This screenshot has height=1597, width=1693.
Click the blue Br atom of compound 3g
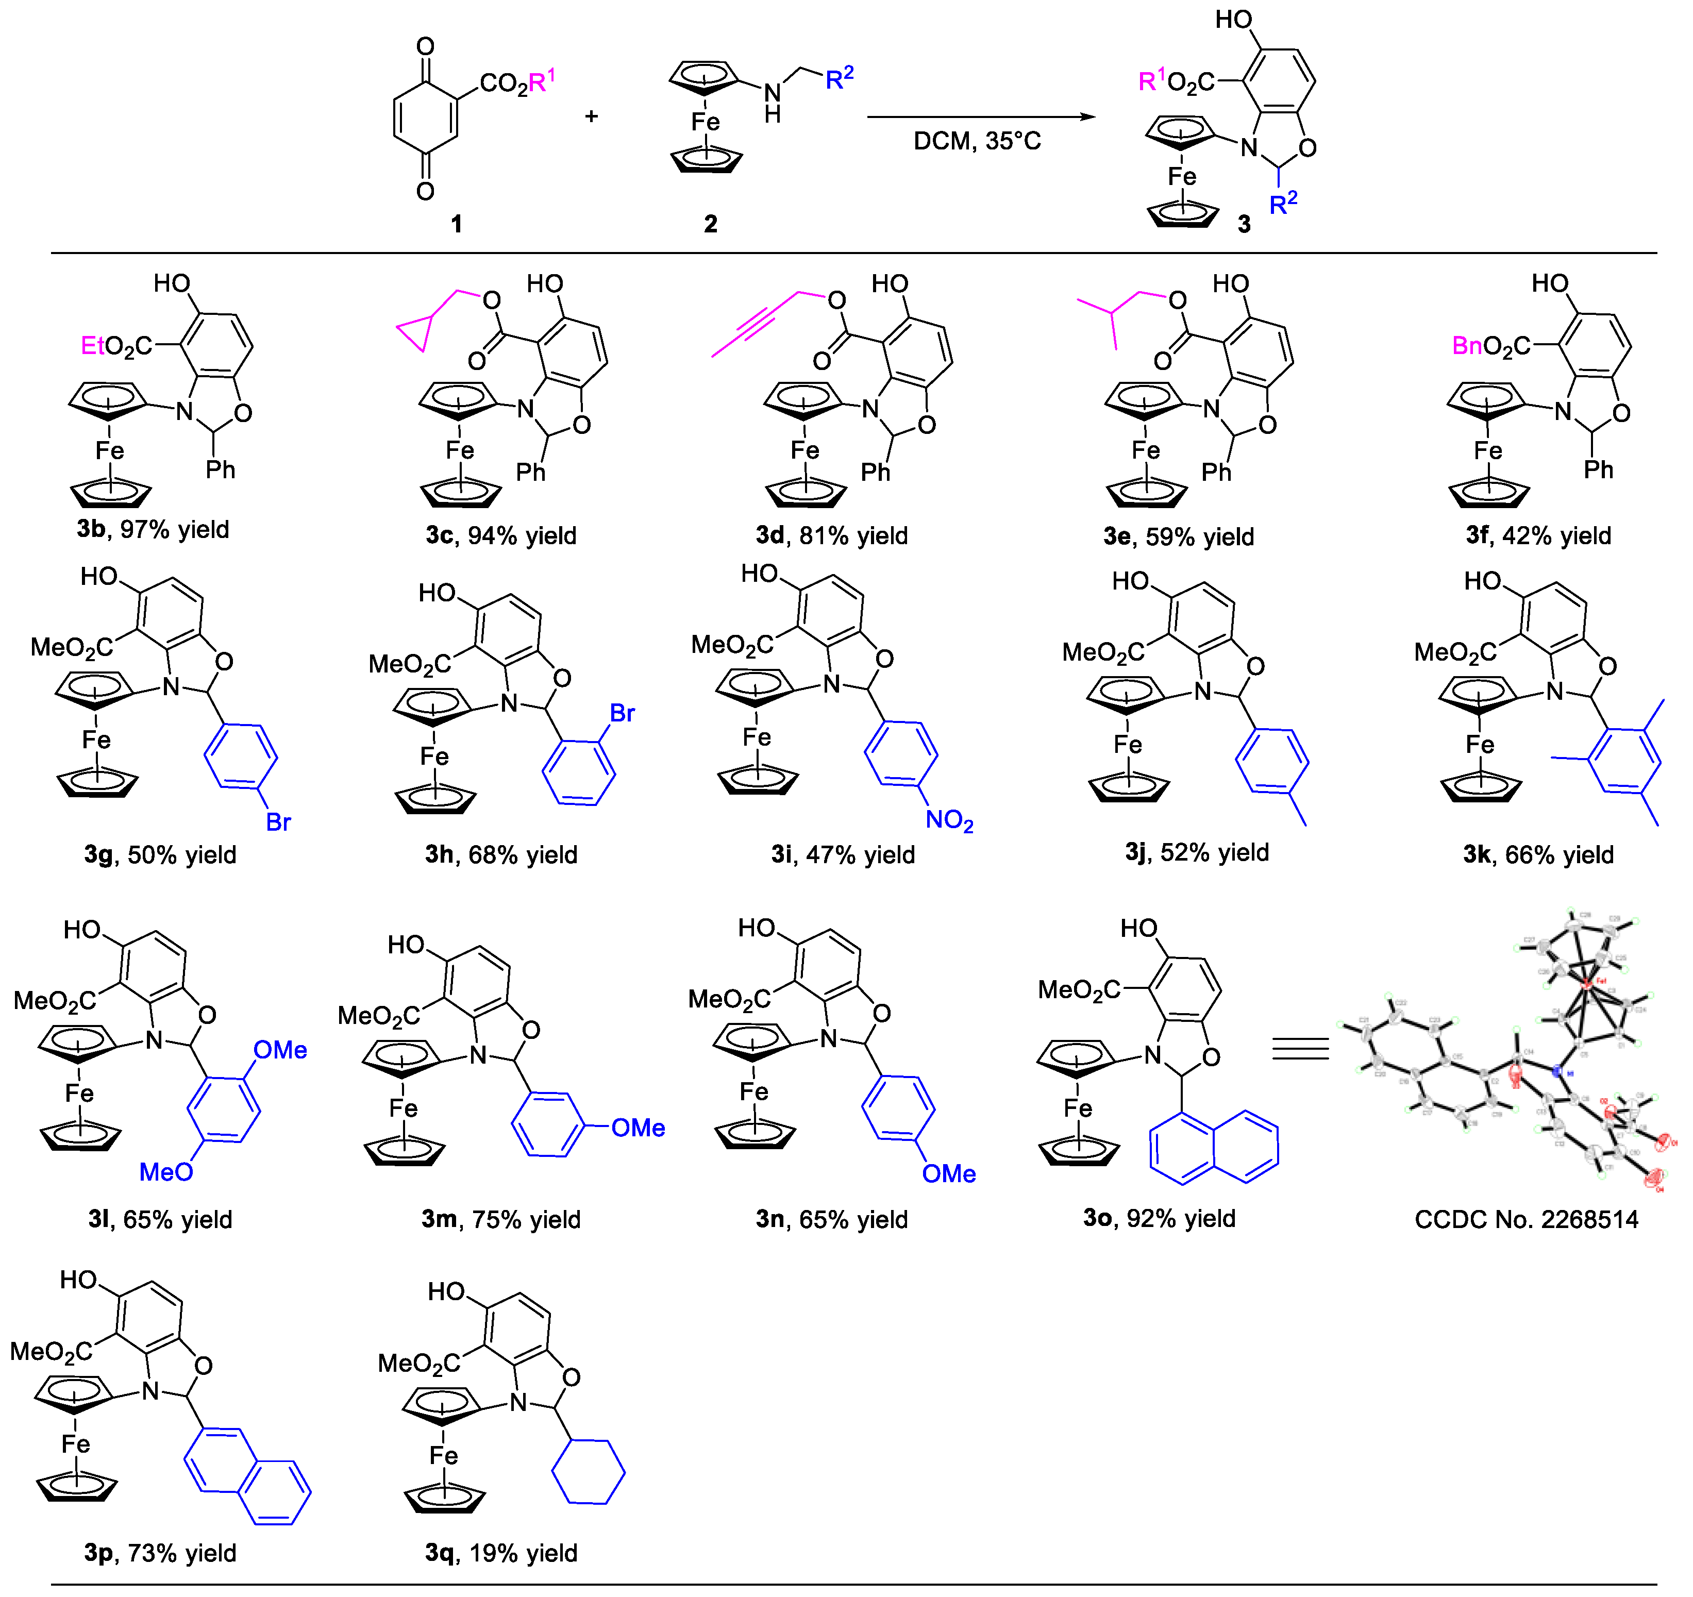tap(278, 822)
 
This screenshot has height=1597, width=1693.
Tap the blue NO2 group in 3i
tap(949, 820)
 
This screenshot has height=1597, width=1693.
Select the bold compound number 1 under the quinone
tap(457, 224)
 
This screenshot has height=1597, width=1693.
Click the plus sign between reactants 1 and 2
tap(591, 116)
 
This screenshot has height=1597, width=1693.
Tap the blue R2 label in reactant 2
tap(839, 78)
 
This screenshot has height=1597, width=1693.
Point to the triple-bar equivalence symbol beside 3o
tap(1300, 1049)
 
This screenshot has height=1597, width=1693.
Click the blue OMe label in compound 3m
tap(638, 1128)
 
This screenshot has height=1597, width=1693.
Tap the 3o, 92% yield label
tap(1159, 1218)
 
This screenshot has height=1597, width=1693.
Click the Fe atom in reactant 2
tap(705, 122)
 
